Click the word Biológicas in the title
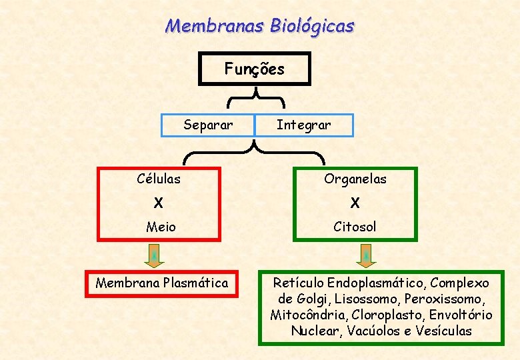pos(313,27)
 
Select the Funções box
pos(255,69)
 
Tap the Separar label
pos(208,125)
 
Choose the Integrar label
pos(303,125)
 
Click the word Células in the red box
pos(159,179)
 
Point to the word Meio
pos(161,227)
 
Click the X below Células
pos(158,203)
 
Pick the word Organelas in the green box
pos(355,179)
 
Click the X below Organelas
pos(355,203)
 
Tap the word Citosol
pos(355,227)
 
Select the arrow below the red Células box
pos(154,255)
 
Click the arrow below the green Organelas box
pos(365,255)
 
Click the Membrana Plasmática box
pos(162,283)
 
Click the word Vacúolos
pos(369,331)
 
